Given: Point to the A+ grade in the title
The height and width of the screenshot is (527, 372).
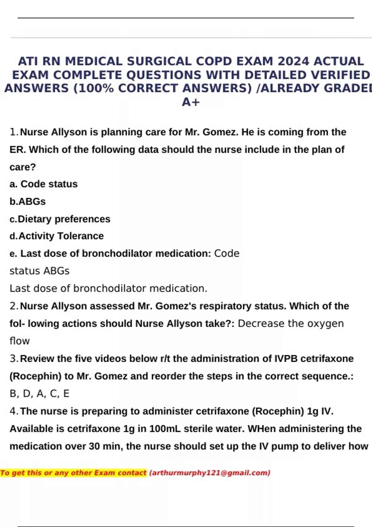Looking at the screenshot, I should point(191,102).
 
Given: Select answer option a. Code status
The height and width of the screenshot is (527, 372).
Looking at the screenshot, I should point(44,184).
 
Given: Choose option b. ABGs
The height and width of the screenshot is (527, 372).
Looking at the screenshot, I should point(28,201).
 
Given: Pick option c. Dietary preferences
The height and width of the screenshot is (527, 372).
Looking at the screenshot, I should point(60,219).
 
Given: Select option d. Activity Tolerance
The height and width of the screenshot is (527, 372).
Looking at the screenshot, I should point(57,236).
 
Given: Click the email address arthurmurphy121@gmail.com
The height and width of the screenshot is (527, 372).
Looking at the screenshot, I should point(210,473).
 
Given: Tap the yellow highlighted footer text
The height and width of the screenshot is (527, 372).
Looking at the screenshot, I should point(73,473).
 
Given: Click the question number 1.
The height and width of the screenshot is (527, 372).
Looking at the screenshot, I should point(14,132).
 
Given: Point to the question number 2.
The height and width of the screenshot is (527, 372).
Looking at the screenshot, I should point(14,306).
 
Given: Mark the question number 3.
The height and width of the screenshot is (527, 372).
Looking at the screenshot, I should point(14,358).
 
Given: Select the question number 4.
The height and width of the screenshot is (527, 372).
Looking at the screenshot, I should point(14,411).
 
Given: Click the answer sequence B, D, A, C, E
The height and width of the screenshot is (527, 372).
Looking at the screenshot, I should point(39,394).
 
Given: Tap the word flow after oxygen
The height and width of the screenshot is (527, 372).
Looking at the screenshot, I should point(20,341).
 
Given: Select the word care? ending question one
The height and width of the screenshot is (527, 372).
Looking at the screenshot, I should point(23,167).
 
